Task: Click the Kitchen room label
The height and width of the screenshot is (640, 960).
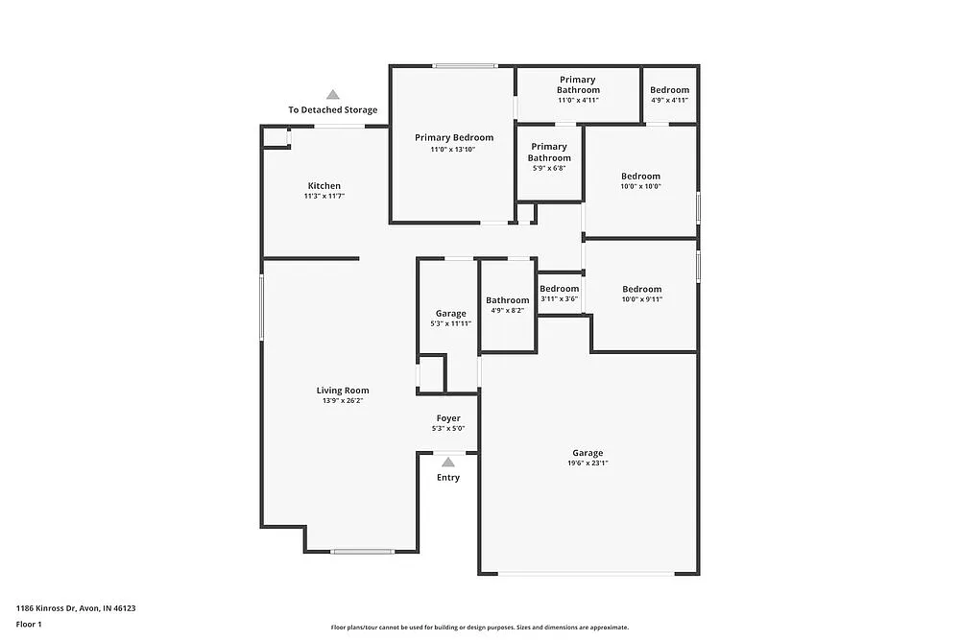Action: (x=324, y=186)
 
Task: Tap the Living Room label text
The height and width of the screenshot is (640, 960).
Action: (x=343, y=391)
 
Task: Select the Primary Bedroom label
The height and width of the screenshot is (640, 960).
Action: (x=454, y=138)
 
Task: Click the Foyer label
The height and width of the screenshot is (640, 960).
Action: (x=448, y=418)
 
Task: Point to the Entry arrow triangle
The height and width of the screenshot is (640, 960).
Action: (x=448, y=462)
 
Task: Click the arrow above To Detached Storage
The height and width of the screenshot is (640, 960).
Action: (x=332, y=95)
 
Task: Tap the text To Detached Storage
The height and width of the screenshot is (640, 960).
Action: (x=332, y=110)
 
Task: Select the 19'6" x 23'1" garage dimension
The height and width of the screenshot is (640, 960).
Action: (x=588, y=463)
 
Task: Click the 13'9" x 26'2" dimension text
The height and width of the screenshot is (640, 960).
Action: (x=343, y=401)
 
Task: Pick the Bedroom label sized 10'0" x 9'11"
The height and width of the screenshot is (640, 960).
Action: (x=641, y=290)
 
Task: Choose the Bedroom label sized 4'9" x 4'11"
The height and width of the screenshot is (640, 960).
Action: (x=669, y=90)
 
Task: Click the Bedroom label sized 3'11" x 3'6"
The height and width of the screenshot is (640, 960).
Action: (x=559, y=289)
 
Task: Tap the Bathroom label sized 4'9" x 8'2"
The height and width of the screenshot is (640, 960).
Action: (x=507, y=300)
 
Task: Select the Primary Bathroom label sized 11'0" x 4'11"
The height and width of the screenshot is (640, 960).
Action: (x=578, y=85)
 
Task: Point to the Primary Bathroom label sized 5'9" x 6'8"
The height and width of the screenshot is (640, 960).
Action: (x=549, y=153)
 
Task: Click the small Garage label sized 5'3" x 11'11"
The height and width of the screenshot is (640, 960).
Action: (x=450, y=314)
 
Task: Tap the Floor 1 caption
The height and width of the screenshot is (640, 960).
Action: (x=29, y=624)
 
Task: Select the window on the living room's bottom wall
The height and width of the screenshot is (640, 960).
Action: (x=363, y=551)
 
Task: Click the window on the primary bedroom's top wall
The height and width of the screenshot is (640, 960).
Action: (x=465, y=65)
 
